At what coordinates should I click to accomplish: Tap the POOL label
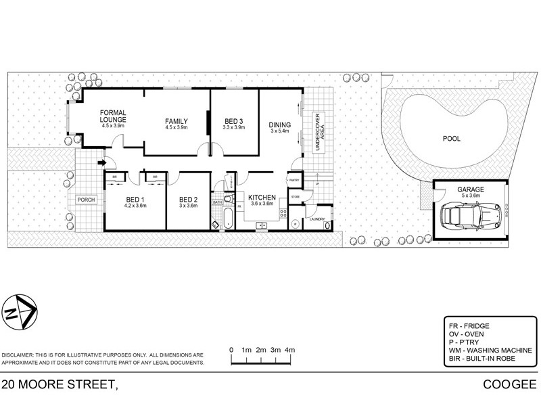coord(451,139)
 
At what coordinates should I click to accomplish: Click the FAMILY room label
coord(176,121)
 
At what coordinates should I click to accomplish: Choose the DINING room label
coord(279,125)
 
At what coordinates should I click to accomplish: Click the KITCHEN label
coord(261,198)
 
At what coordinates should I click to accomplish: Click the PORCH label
coord(86,200)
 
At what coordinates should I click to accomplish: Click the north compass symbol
coord(20,312)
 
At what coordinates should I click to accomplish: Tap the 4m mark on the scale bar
coord(290,350)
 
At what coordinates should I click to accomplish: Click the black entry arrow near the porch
coord(102,162)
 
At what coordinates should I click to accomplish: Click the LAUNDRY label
coord(317,219)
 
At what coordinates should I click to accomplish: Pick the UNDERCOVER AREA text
coord(314,133)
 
